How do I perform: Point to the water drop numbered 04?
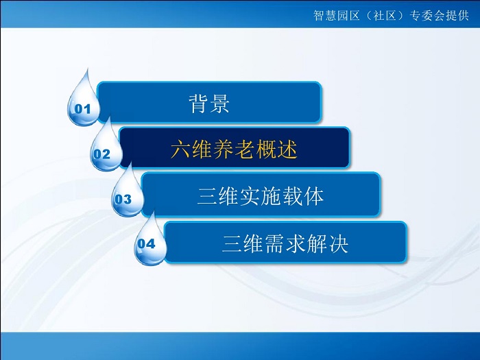coord(150,242)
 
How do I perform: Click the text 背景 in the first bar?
coord(209,104)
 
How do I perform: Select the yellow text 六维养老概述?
coord(235,149)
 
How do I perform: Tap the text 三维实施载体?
coord(261,196)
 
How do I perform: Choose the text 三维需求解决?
coord(285,243)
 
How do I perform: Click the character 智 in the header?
coord(319,15)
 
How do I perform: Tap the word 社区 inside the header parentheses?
coord(385,15)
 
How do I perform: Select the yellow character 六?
coord(181,149)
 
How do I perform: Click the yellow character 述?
coord(287,149)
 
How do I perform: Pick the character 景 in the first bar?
coord(219,104)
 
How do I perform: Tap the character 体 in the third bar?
coord(313,196)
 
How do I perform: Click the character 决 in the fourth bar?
coord(338,243)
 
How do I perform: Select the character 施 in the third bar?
coord(272,196)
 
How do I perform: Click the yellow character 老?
coord(245,149)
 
